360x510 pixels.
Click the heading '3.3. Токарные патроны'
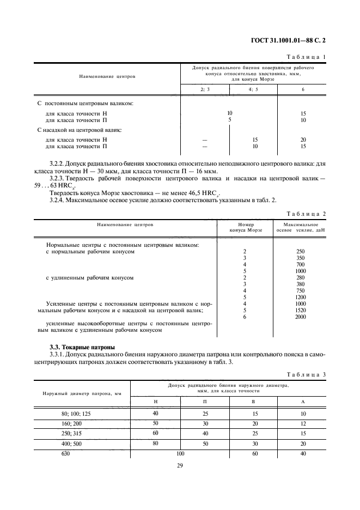(82, 347)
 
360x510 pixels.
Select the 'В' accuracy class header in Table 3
(254, 400)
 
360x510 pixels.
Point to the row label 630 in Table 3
(66, 453)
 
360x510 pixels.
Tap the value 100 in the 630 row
(181, 453)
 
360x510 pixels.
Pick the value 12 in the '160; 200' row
(303, 423)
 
